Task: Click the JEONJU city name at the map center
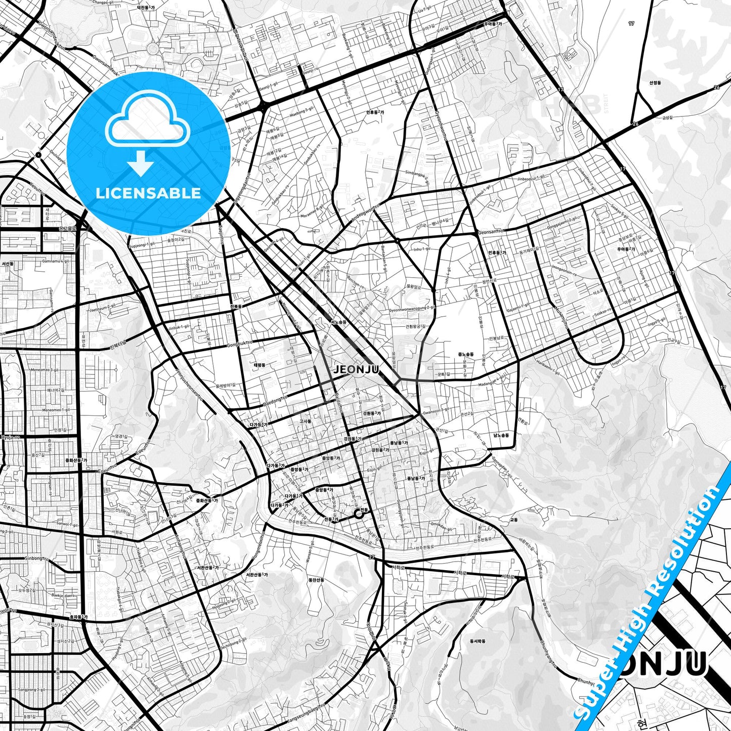[x=356, y=369]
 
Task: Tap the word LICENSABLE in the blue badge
[x=148, y=193]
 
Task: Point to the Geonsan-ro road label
[x=491, y=232]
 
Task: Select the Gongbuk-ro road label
[x=239, y=344]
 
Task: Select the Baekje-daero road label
[x=63, y=595]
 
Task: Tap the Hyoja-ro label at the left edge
[x=10, y=437]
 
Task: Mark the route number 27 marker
[x=372, y=557]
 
